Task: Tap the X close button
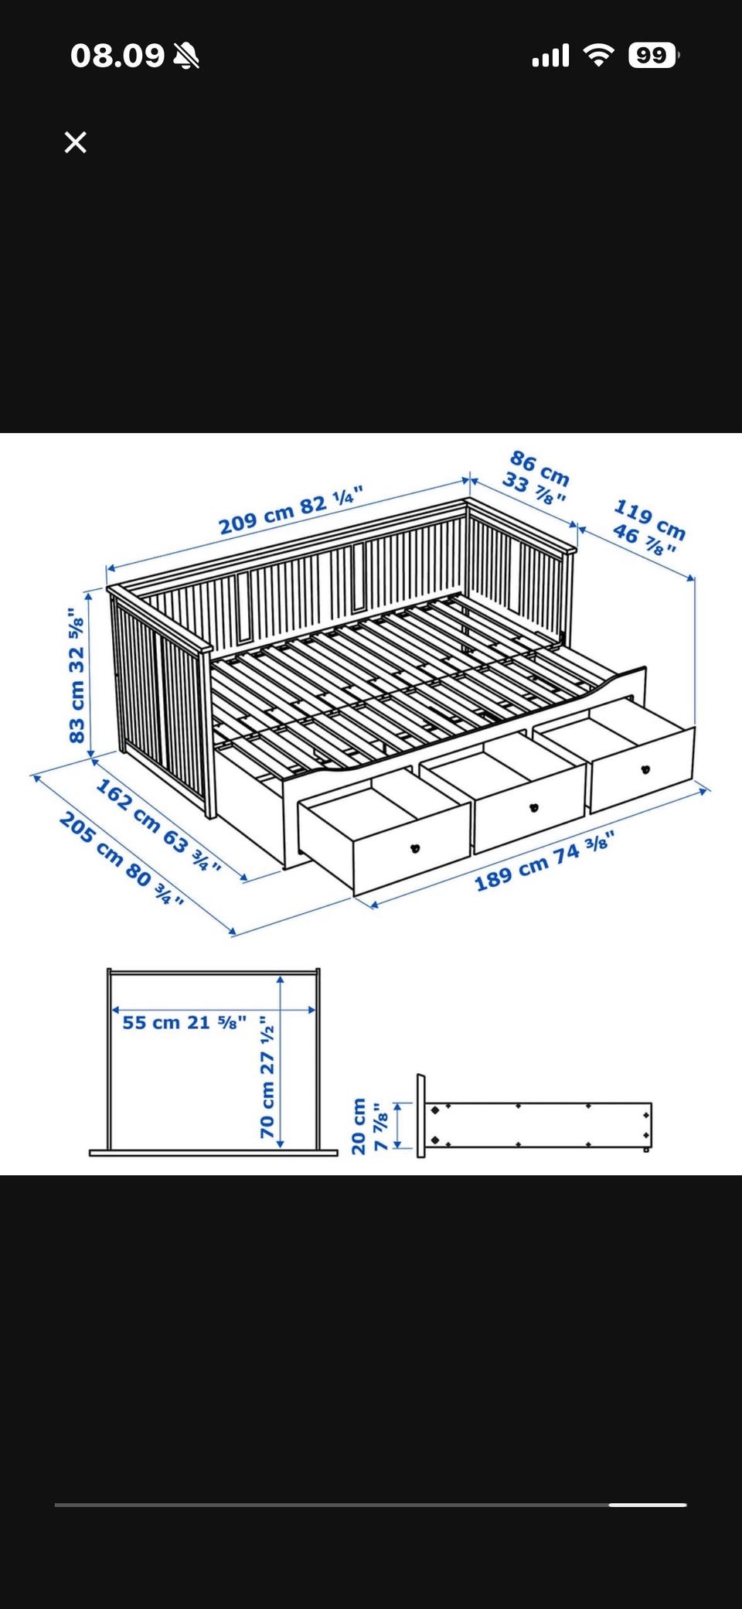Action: pyautogui.click(x=76, y=142)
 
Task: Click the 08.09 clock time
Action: pyautogui.click(x=117, y=56)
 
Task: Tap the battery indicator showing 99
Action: pyautogui.click(x=654, y=55)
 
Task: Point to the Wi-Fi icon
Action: pyautogui.click(x=598, y=55)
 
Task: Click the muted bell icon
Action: pyautogui.click(x=186, y=56)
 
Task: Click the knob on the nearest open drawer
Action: pyautogui.click(x=415, y=848)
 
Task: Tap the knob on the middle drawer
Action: pyautogui.click(x=533, y=808)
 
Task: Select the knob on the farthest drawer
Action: pyautogui.click(x=645, y=769)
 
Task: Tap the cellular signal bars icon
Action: pyautogui.click(x=550, y=55)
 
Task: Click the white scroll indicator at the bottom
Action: pyautogui.click(x=648, y=1505)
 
